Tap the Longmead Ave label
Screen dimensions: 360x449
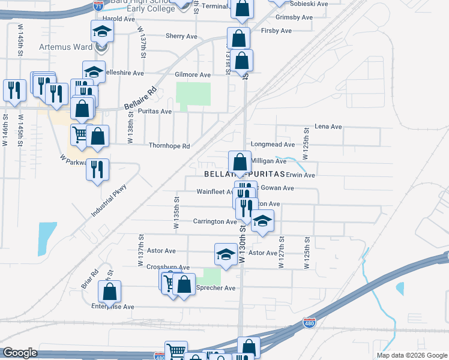273,145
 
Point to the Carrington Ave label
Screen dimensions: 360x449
215,221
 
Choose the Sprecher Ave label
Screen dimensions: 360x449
216,288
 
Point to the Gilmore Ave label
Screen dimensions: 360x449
193,75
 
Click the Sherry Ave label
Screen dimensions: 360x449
181,36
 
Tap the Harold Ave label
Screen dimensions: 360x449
119,19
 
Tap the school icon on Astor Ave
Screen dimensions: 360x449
226,254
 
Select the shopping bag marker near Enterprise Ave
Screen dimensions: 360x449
110,292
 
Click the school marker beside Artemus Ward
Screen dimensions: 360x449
102,31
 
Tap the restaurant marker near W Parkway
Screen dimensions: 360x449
97,170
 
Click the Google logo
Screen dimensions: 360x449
20,353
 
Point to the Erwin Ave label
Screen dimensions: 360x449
301,175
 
